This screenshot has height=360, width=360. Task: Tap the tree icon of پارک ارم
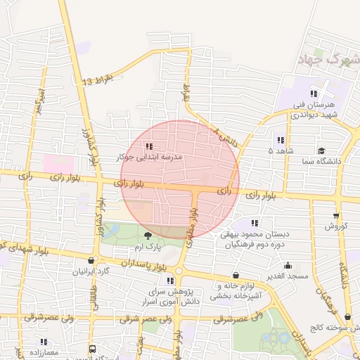tap(147, 236)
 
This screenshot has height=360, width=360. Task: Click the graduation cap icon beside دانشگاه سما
tap(321, 150)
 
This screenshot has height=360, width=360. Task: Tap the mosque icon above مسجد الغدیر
tap(288, 266)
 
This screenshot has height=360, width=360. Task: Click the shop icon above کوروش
tap(335, 215)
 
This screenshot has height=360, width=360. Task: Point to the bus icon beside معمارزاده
tap(93, 348)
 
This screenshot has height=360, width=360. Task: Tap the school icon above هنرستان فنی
tap(314, 93)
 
